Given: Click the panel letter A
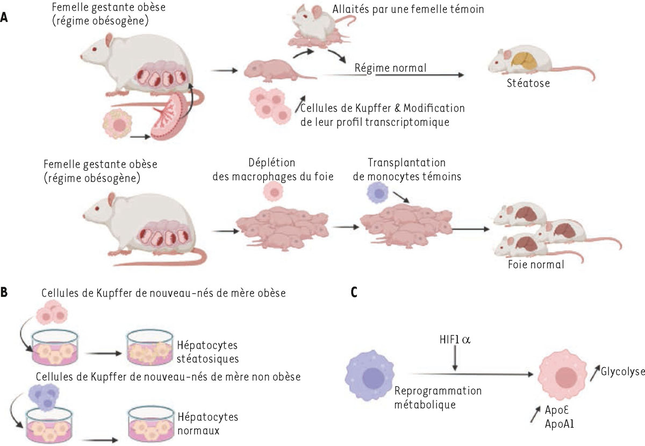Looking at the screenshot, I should pos(4,17).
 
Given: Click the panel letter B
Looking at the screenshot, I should pos(4,293).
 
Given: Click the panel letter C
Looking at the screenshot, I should pos(353,293).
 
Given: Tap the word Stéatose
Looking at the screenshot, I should pos(527,83).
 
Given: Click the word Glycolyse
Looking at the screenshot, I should pos(622,372).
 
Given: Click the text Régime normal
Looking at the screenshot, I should pos(390,68).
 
